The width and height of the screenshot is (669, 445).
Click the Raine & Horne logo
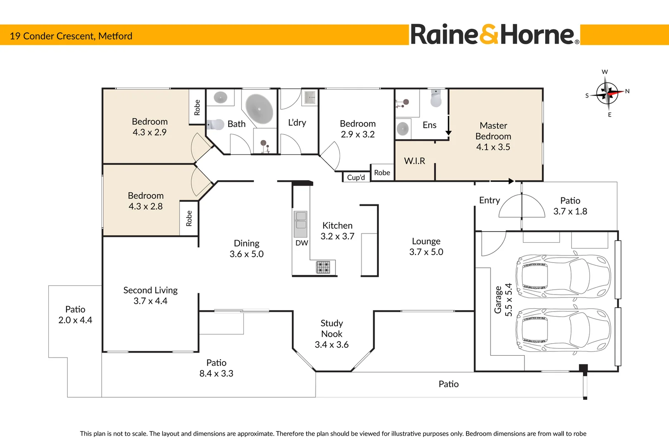495,34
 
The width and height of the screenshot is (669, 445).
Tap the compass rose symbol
607,94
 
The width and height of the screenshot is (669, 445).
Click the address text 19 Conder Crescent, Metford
71,36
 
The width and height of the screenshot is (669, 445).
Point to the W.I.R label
414,161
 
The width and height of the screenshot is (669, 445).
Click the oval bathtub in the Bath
259,109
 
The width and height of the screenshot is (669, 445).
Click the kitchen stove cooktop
323,267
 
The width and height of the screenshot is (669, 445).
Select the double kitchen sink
300,224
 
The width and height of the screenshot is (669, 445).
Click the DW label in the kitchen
302,243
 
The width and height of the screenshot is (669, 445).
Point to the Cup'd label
356,178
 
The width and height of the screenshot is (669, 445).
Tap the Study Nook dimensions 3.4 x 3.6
331,344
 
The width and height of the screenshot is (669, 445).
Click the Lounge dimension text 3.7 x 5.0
426,252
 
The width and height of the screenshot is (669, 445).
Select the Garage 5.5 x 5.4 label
503,300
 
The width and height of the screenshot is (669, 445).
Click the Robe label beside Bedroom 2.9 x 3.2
382,172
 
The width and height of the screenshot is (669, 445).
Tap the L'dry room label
297,123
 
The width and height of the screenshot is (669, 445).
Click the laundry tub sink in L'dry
310,98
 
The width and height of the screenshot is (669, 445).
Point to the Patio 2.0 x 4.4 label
75,314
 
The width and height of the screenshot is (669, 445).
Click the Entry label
489,200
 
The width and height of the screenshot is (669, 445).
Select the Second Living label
151,290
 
